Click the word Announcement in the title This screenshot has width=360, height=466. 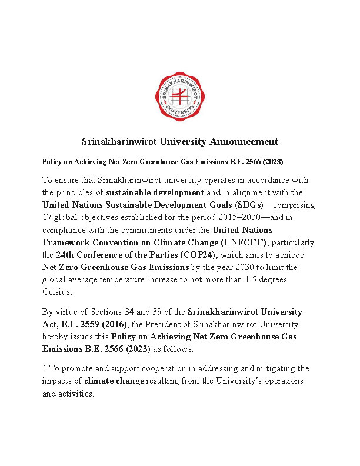244,142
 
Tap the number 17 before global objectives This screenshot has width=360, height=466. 48,218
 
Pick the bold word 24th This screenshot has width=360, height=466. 65,255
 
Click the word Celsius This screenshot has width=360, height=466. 58,292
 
